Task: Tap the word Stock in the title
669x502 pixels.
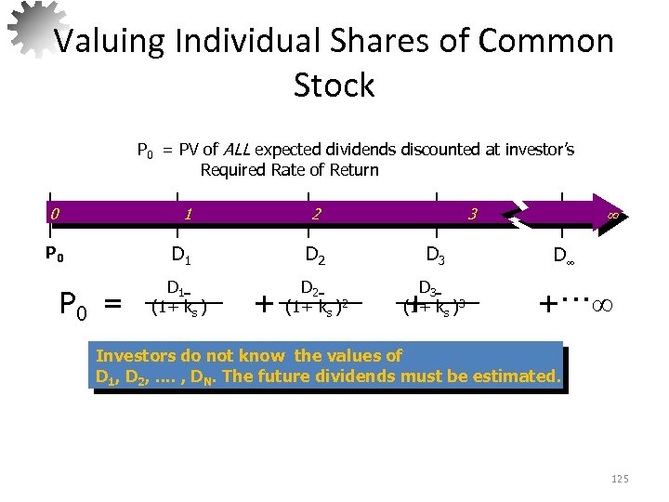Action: coord(334,86)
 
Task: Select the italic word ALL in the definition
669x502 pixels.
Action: coord(236,150)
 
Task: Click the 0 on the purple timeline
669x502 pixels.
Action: coord(55,214)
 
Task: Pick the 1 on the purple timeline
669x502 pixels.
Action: coord(188,214)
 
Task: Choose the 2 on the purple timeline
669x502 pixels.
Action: coord(317,214)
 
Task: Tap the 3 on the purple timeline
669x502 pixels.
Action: coord(472,215)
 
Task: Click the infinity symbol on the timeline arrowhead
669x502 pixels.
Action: coord(612,215)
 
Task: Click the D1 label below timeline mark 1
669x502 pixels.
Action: coord(181,254)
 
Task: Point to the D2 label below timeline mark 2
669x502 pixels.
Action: coord(316,254)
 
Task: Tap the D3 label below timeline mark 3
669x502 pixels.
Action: coord(435,254)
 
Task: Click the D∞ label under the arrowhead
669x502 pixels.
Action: coord(563,255)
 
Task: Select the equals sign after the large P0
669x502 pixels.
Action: coord(113,303)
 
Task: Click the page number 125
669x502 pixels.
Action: coord(620,478)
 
